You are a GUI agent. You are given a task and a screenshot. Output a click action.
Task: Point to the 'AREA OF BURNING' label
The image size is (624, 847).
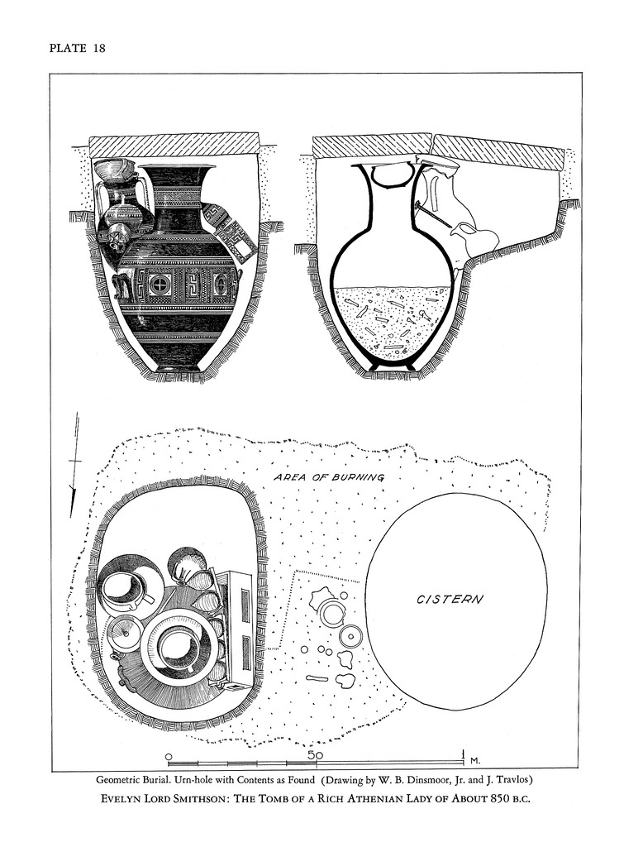click(x=329, y=477)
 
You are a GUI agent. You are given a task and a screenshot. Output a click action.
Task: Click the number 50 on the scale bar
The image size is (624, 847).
click(x=315, y=755)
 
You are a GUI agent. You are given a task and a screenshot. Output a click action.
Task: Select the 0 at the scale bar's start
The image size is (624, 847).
click(x=169, y=756)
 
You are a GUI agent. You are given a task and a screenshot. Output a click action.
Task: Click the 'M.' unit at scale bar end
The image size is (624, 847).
click(x=475, y=759)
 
